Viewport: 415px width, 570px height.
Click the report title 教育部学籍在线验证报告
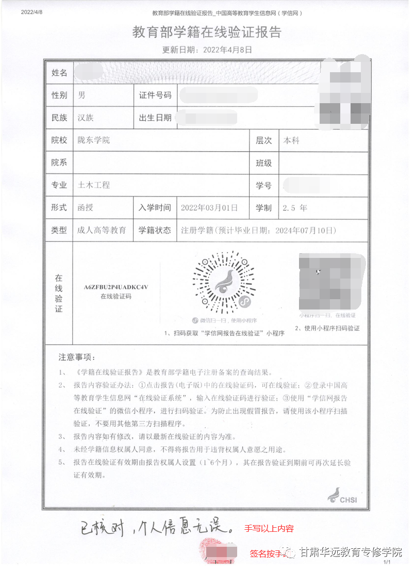click(x=207, y=32)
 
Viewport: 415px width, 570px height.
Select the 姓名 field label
click(x=59, y=73)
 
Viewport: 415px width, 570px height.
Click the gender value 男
click(x=81, y=95)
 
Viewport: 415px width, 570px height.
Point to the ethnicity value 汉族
click(x=86, y=118)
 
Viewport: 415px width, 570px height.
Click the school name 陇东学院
click(x=94, y=140)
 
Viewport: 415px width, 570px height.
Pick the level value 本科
click(x=292, y=140)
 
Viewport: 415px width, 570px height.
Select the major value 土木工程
click(x=94, y=185)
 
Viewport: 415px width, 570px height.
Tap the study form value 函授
click(x=86, y=208)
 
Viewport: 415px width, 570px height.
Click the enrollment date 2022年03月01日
click(x=209, y=208)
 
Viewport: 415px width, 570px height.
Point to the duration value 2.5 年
click(x=295, y=208)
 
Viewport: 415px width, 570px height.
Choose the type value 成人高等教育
click(x=102, y=231)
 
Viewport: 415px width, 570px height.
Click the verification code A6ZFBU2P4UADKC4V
click(x=116, y=287)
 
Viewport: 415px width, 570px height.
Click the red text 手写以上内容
click(x=269, y=528)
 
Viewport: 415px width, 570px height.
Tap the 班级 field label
click(x=264, y=163)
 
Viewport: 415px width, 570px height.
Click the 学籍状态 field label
click(x=155, y=231)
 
